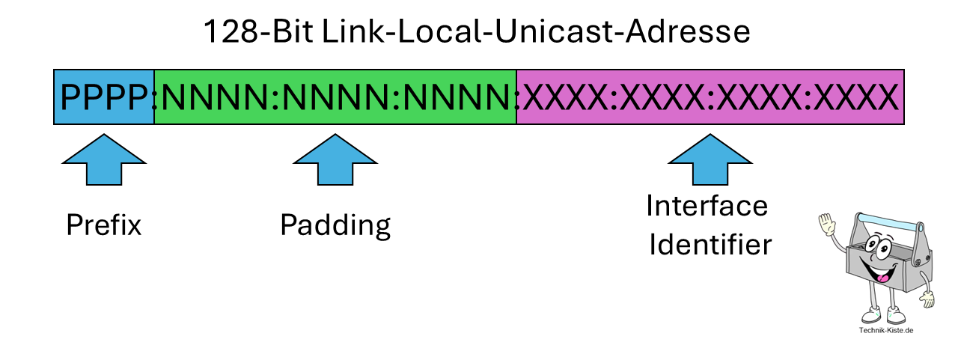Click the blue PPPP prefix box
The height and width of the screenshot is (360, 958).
(104, 97)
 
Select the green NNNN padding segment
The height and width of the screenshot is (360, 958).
(335, 97)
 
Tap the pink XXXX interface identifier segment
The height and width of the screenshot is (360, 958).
(710, 97)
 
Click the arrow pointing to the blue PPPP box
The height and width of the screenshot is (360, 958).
(103, 162)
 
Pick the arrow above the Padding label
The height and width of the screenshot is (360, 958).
(335, 162)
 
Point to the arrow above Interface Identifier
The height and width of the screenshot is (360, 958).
(709, 162)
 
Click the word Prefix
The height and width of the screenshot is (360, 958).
(103, 225)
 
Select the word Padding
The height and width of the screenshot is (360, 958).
(335, 225)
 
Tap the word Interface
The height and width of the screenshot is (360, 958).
(707, 206)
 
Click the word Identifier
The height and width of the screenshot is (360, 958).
(710, 245)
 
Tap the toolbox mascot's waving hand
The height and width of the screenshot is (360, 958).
(827, 225)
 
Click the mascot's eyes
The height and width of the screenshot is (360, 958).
(877, 247)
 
